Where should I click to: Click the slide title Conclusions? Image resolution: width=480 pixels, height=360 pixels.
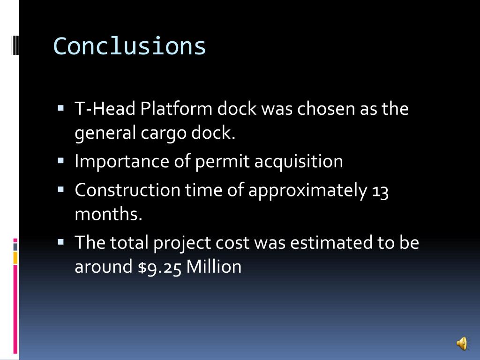[x=130, y=46]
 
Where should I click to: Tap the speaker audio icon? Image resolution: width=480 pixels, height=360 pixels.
[x=462, y=344]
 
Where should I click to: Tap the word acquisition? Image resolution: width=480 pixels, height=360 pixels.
[x=299, y=161]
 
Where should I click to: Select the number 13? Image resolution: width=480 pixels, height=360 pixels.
[x=380, y=191]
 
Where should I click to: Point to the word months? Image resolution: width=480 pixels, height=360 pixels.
[x=108, y=214]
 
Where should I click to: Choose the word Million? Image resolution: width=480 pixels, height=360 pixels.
[x=214, y=267]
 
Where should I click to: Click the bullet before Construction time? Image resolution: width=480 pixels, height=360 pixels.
[x=61, y=190]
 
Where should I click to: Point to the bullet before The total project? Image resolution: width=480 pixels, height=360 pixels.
[x=61, y=242]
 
